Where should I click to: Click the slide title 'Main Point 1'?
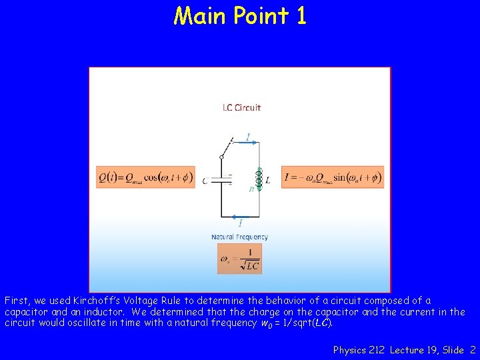click(240, 15)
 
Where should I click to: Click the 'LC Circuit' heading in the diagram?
click(241, 107)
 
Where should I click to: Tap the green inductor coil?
click(259, 179)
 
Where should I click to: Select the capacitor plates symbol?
click(221, 179)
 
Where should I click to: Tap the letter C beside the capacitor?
click(205, 181)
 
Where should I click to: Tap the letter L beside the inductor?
click(268, 180)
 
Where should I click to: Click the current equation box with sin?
click(332, 177)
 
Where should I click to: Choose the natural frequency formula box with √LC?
click(240, 259)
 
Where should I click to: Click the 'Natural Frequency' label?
click(240, 237)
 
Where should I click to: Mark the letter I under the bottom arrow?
click(240, 225)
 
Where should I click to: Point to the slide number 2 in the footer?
click(473, 349)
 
